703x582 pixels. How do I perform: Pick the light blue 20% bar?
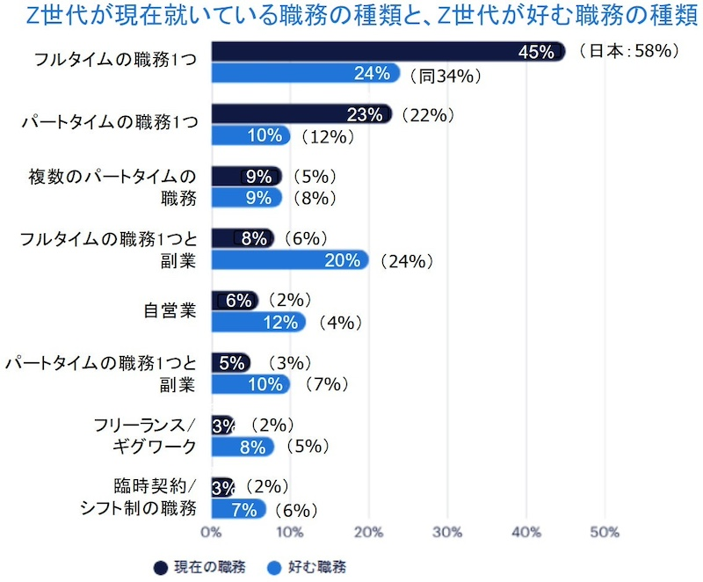click(290, 260)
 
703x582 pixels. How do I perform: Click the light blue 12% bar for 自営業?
click(258, 322)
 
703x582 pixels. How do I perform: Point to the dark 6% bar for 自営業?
click(235, 301)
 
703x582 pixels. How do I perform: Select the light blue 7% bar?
click(238, 509)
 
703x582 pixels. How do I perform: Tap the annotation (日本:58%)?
click(629, 52)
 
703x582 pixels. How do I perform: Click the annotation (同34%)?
click(445, 76)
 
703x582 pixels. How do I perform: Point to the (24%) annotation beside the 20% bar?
click(403, 261)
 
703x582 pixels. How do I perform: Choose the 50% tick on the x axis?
click(605, 532)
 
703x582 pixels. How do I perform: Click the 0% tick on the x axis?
click(212, 532)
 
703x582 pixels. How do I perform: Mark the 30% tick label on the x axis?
click(447, 532)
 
